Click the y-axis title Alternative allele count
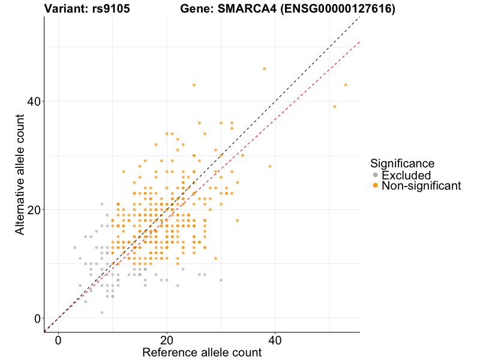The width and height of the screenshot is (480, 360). point(20,175)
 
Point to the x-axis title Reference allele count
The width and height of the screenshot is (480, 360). point(202,352)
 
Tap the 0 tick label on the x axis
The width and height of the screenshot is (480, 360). point(58,340)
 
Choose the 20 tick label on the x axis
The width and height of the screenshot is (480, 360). point(167,340)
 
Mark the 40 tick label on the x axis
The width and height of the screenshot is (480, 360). point(275,340)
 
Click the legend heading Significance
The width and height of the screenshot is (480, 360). point(402,163)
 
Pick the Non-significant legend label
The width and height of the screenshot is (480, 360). point(421,186)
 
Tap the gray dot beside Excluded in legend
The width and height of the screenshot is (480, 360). point(376,175)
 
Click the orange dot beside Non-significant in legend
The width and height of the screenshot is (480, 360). point(376,186)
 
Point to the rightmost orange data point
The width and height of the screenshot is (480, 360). point(346,85)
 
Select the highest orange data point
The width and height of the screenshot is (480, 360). point(264,69)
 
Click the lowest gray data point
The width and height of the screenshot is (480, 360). point(102,313)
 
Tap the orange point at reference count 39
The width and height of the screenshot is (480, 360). point(269,166)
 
